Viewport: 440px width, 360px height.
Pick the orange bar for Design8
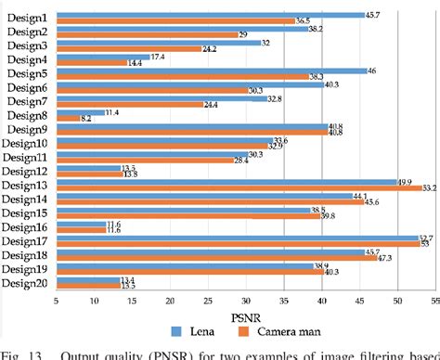coord(68,119)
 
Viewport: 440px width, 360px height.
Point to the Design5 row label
coord(27,73)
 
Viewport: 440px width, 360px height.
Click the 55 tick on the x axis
coord(434,300)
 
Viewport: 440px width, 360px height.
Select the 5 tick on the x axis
coord(57,300)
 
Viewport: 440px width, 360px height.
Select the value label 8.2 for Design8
coord(86,120)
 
